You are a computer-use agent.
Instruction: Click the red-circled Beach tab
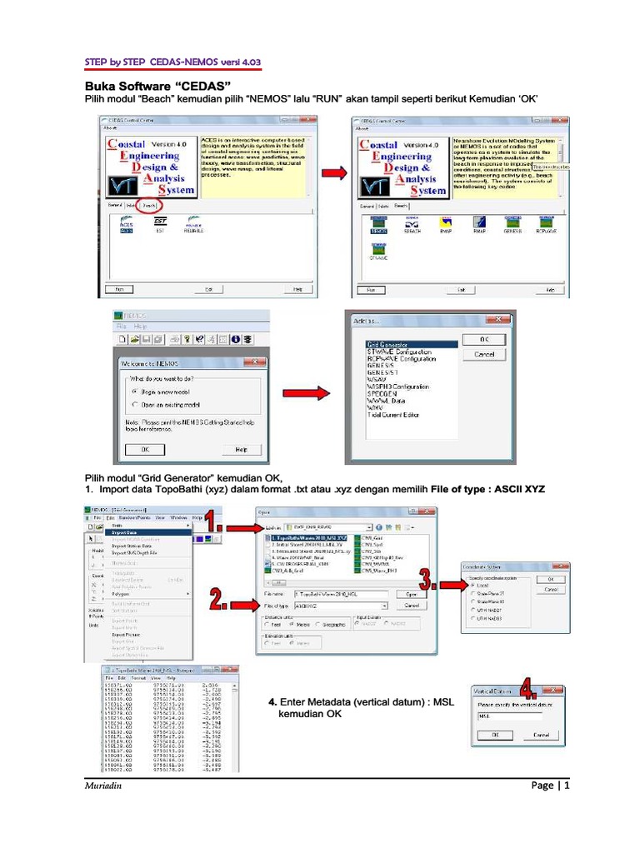tap(149, 205)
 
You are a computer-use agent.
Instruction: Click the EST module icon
tap(161, 225)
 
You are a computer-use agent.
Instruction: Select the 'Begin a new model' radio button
tap(136, 389)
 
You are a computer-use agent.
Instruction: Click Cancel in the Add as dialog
tap(484, 354)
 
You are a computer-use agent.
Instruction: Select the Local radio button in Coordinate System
tap(473, 586)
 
